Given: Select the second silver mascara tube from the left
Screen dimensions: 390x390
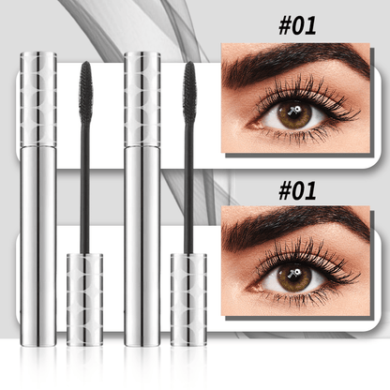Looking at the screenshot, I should [142, 197].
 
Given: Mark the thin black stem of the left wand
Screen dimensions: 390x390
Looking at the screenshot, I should [86, 187].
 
